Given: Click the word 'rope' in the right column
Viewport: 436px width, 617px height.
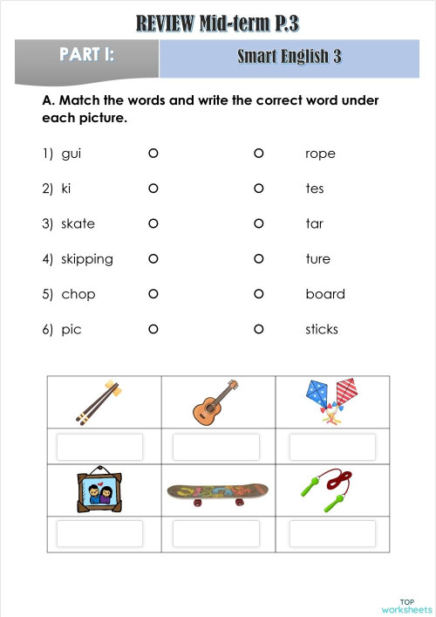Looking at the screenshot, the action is (320, 154).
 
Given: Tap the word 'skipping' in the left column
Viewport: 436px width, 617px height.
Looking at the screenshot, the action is (86, 259).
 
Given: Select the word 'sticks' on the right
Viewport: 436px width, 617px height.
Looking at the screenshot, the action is (321, 329).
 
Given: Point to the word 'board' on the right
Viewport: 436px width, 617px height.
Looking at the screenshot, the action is (324, 294).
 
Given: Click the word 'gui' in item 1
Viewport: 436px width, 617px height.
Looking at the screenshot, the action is (71, 154).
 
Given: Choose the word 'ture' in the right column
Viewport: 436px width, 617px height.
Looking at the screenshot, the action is (317, 259).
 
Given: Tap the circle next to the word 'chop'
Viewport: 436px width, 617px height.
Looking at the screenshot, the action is (153, 294).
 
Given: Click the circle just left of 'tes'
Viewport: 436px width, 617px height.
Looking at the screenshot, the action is (259, 189).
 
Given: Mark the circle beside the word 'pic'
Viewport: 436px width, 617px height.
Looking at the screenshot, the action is (153, 329).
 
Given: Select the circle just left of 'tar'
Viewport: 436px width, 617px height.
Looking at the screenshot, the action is (259, 223).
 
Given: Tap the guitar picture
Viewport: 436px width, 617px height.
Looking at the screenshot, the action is (215, 401).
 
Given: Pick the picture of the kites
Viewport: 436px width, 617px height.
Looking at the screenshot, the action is (331, 401).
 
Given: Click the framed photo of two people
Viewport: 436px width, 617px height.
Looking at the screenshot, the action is (96, 490).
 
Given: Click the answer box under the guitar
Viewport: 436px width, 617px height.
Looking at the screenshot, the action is (215, 447).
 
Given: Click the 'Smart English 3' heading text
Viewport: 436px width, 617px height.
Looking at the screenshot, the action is (289, 58).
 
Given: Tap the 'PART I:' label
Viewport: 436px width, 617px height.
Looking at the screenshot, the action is (86, 55).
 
